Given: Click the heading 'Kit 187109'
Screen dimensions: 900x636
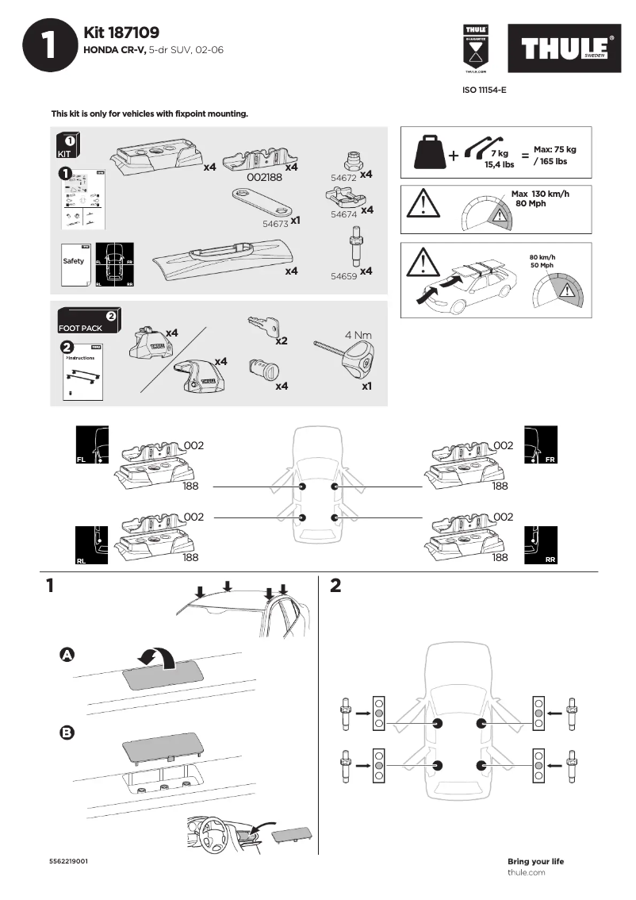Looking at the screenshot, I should tap(121, 33).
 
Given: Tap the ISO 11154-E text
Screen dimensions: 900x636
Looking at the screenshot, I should tap(484, 90).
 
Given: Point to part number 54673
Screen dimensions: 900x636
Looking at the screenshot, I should tap(275, 225).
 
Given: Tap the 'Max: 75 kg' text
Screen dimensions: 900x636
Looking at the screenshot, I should tap(554, 149).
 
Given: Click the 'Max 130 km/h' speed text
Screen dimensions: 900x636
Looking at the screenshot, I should tap(540, 194).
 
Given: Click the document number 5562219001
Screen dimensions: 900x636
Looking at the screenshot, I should tap(67, 861).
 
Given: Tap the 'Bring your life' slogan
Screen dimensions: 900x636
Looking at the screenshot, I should tap(535, 861).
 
